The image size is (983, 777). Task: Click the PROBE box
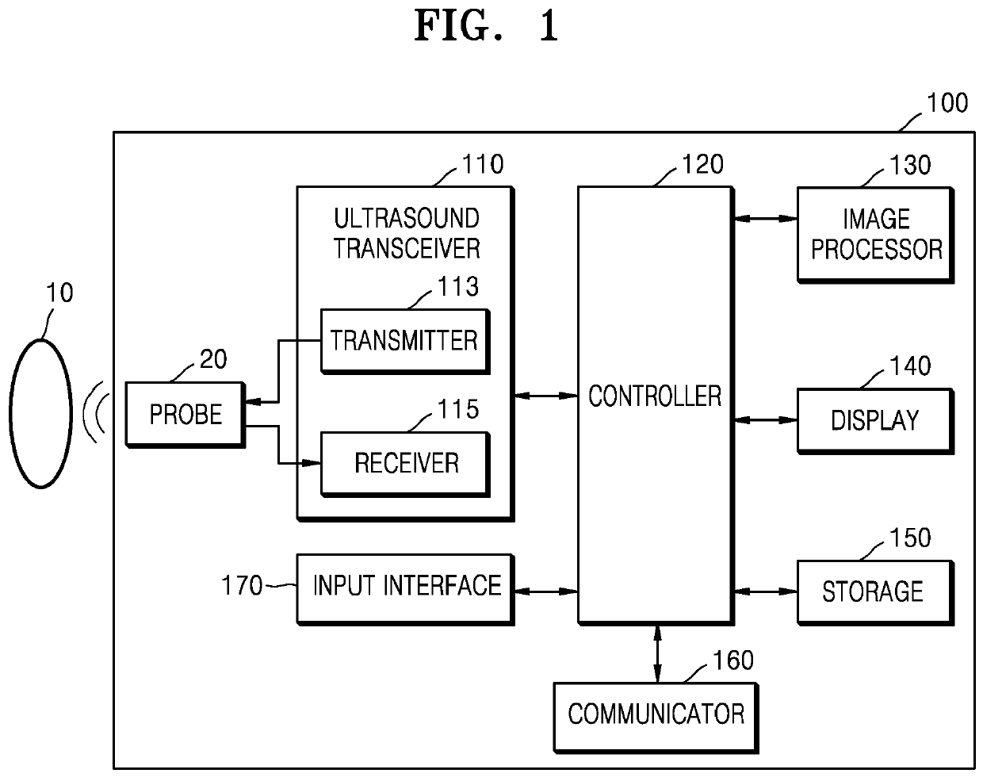coord(186,415)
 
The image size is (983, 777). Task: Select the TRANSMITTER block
coord(405,342)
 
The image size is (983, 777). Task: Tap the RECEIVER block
coord(405,464)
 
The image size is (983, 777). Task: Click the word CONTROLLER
coord(655,396)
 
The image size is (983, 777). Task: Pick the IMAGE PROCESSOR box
coord(876,235)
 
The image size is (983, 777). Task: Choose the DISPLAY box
coord(876,421)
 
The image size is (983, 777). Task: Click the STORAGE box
coord(876,592)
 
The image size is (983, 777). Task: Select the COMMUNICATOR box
coord(656,718)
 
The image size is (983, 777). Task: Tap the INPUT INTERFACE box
coord(406,590)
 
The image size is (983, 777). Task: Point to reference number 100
coord(947,103)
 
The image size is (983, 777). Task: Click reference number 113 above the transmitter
coord(458,287)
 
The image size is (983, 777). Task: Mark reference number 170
coord(242,586)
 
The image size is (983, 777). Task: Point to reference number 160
coord(733,660)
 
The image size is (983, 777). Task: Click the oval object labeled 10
coord(40,414)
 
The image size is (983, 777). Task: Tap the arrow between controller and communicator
coord(657,654)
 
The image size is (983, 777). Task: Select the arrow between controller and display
coord(766,420)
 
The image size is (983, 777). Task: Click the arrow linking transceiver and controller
coord(546,396)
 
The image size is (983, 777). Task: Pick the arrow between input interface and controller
coord(546,591)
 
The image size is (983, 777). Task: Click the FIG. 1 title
coord(486,26)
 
